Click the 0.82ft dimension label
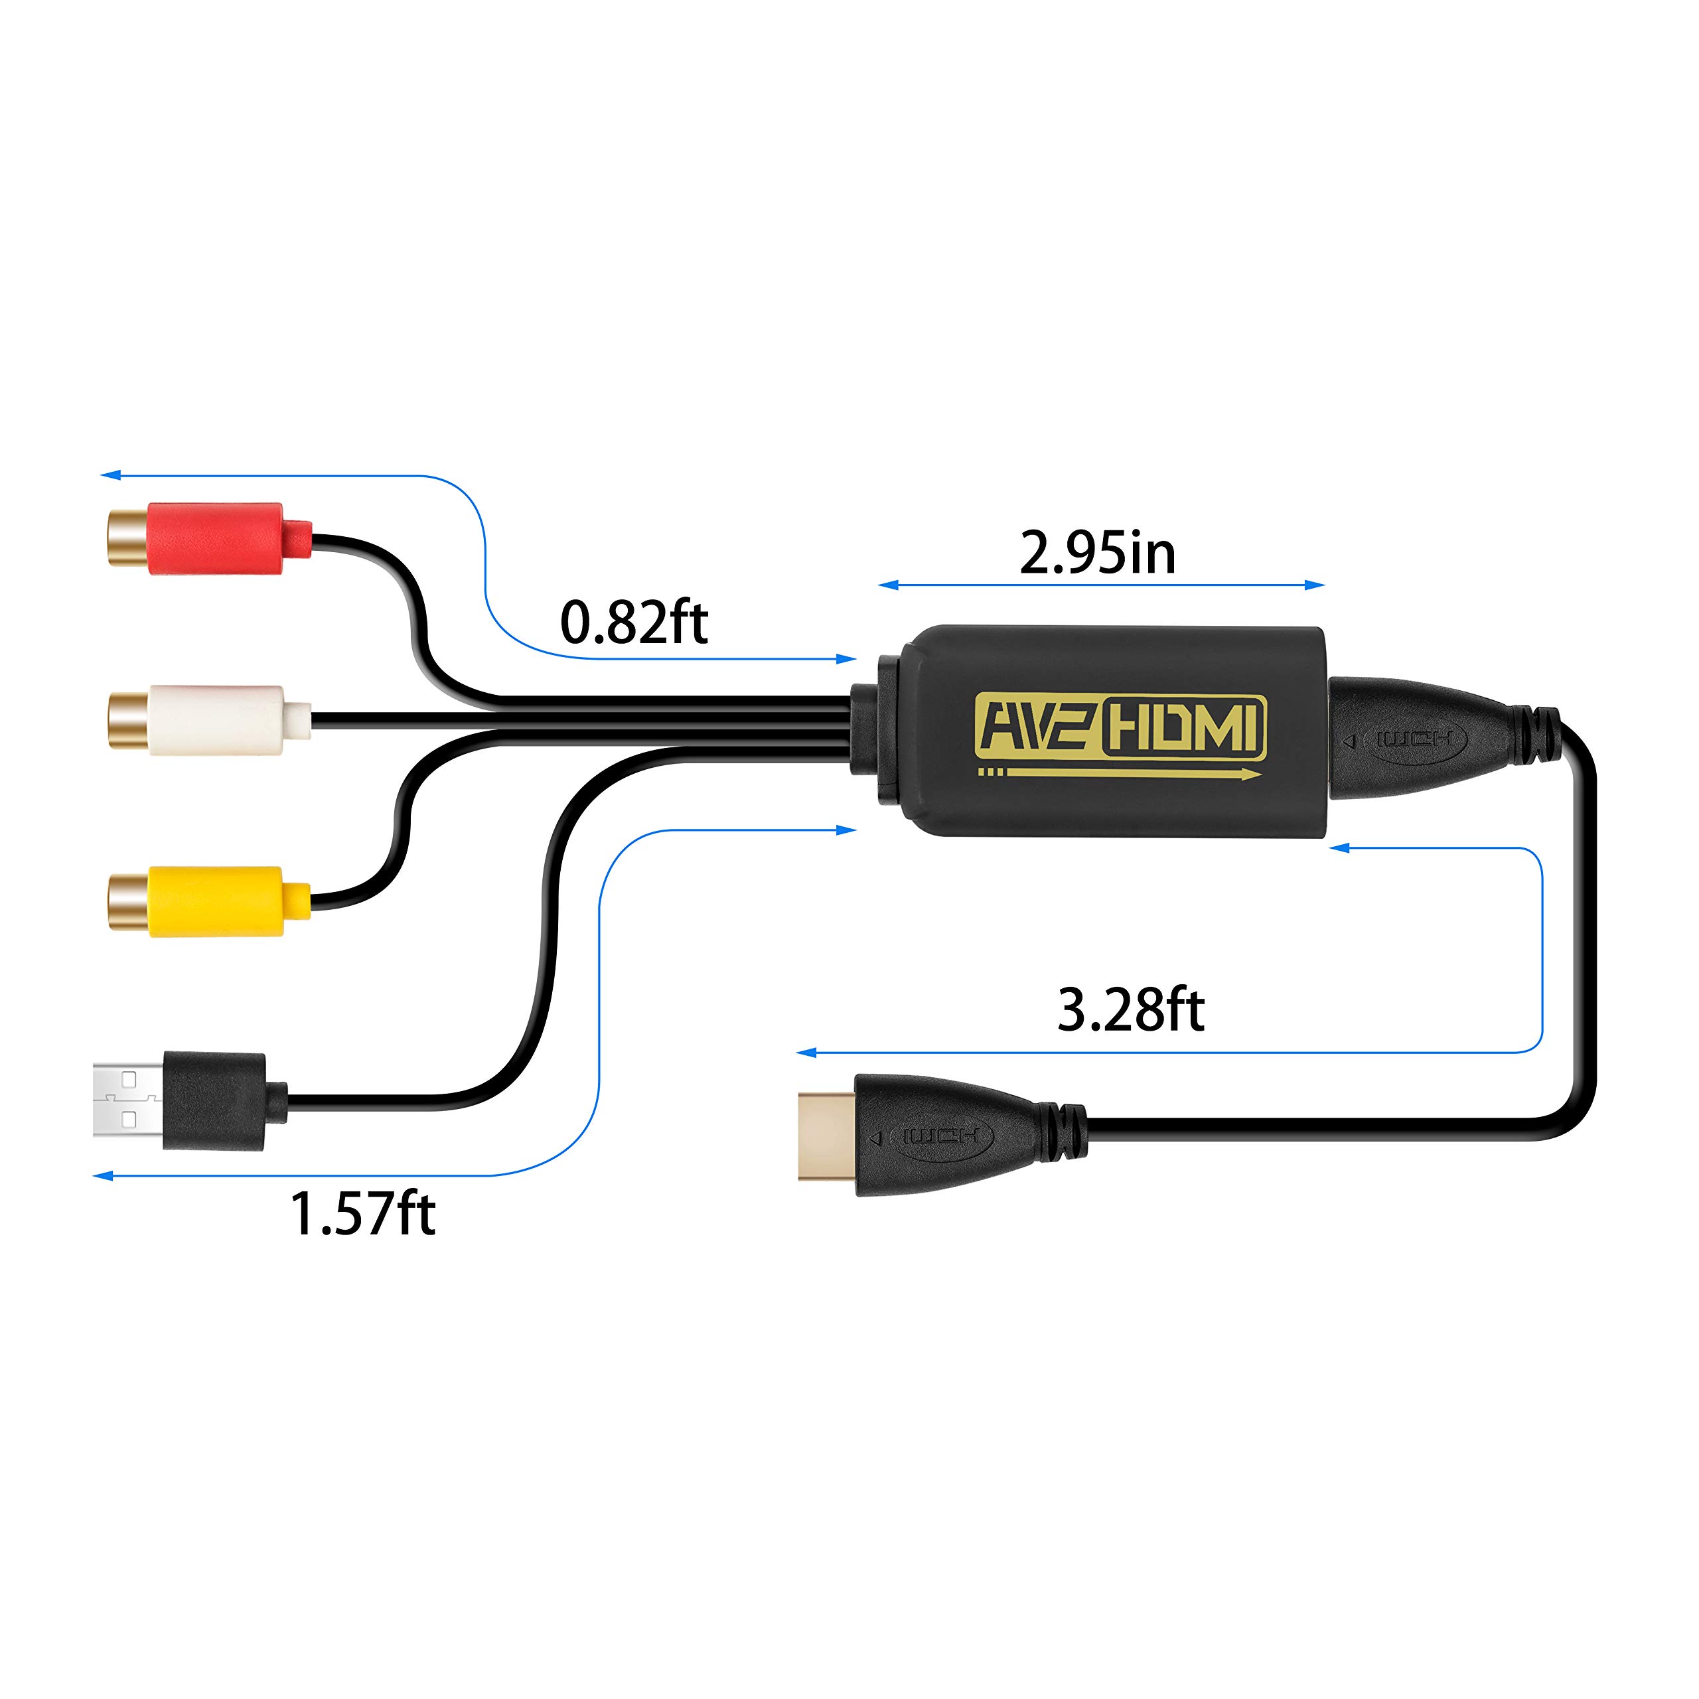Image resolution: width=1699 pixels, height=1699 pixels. point(633,623)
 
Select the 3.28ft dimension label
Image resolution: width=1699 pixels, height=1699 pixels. point(1130,1009)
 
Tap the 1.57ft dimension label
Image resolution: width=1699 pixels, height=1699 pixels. point(362,1214)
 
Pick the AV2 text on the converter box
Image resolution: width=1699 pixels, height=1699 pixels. point(1036,727)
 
